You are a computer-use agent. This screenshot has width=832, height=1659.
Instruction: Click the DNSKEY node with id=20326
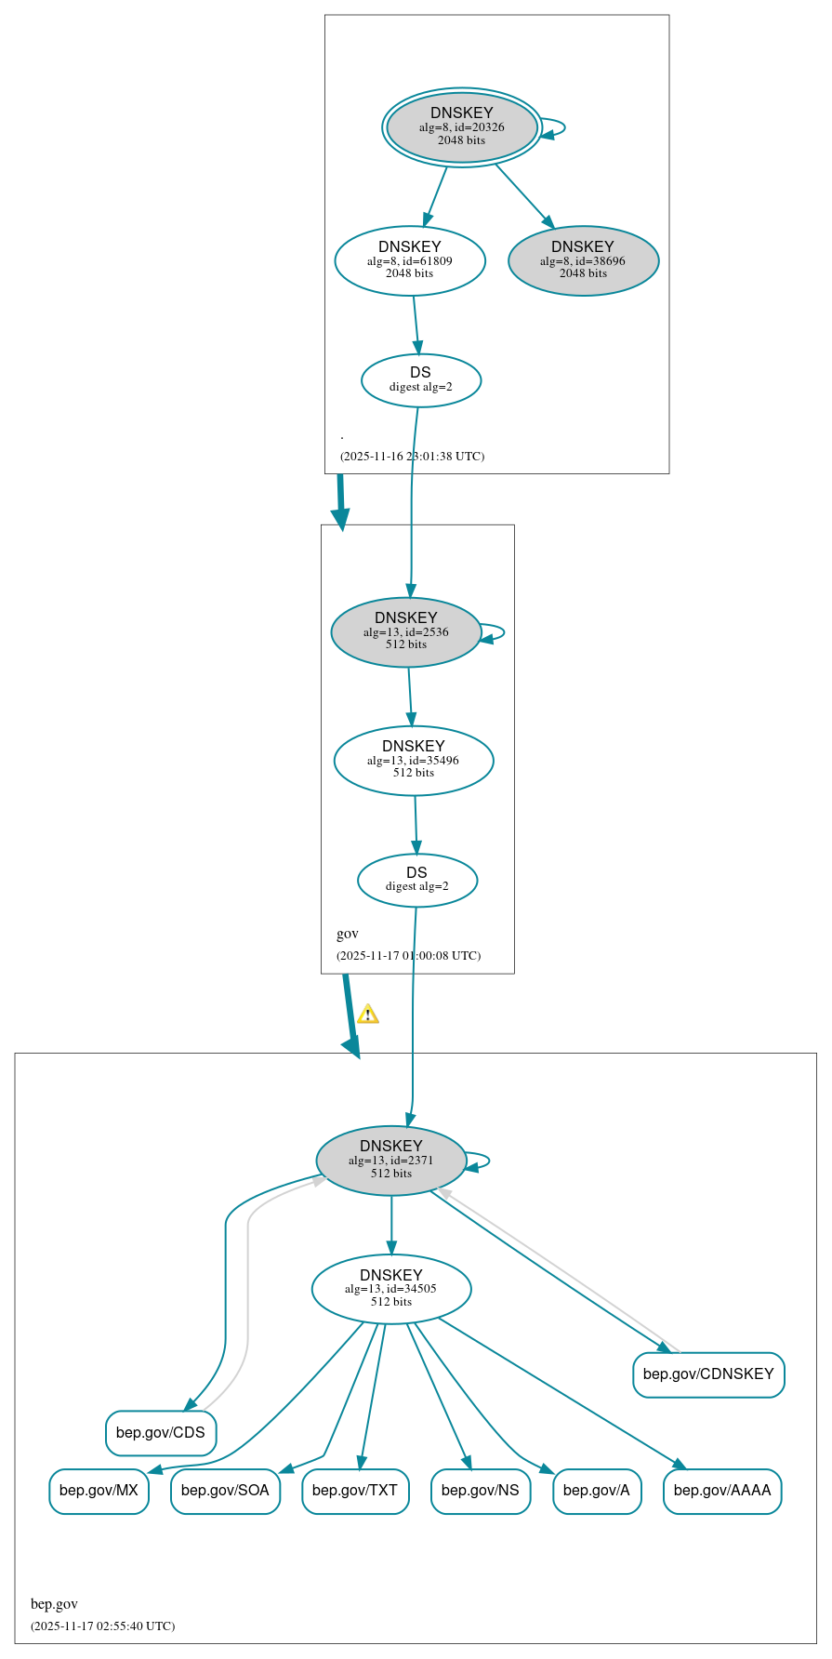tap(462, 126)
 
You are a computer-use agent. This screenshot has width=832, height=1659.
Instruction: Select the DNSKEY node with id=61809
tap(410, 260)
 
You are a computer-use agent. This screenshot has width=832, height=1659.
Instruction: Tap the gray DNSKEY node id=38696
tap(583, 260)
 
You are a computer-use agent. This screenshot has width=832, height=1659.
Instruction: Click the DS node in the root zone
tap(420, 379)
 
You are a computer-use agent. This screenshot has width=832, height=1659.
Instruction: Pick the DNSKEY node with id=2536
tap(406, 631)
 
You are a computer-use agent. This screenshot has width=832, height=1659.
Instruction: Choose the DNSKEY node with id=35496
tap(414, 760)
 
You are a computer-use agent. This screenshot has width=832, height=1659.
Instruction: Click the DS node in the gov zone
tap(416, 879)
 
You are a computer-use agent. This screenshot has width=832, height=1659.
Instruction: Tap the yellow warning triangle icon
tap(368, 1014)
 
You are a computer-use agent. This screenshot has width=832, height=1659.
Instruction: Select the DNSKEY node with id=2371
tap(391, 1160)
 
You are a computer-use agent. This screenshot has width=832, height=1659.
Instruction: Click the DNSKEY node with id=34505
tap(391, 1288)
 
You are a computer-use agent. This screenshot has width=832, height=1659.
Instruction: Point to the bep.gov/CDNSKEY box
tap(708, 1374)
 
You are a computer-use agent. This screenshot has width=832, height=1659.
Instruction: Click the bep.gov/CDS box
tap(161, 1432)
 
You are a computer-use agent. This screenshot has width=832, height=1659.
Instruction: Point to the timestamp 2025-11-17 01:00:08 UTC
tap(408, 955)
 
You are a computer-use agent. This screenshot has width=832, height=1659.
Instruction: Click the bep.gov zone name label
tap(54, 1603)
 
